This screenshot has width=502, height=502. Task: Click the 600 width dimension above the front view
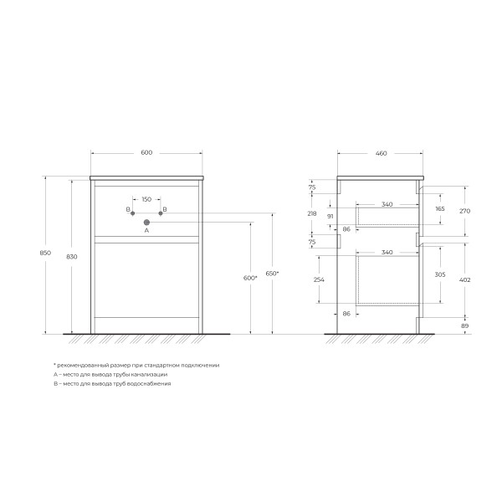[x=146, y=152]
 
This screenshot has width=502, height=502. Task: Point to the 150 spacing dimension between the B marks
[x=146, y=199]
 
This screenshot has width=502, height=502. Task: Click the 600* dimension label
[x=249, y=278]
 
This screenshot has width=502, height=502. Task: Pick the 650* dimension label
[x=272, y=274]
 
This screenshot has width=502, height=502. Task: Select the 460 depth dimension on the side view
[x=381, y=153]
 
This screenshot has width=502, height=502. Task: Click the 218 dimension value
[x=312, y=214]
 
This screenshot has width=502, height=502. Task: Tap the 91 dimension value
[x=330, y=217]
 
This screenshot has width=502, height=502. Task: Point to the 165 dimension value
[x=440, y=207]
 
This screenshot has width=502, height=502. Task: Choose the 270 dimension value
[x=465, y=211]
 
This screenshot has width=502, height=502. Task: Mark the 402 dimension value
[x=465, y=279]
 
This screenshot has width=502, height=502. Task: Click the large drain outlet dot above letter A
[x=146, y=223]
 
